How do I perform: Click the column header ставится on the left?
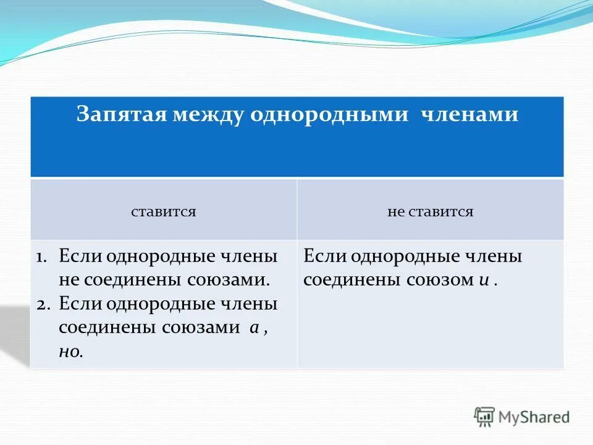(x=164, y=211)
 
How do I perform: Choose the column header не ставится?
(x=431, y=211)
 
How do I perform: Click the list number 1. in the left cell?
(x=46, y=256)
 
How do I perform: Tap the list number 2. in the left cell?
(x=46, y=305)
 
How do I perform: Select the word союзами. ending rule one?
(x=229, y=280)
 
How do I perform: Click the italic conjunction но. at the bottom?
(x=72, y=352)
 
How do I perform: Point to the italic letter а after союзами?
(x=253, y=328)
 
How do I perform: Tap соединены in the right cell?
(x=351, y=280)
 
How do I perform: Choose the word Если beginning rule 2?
(x=80, y=304)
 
